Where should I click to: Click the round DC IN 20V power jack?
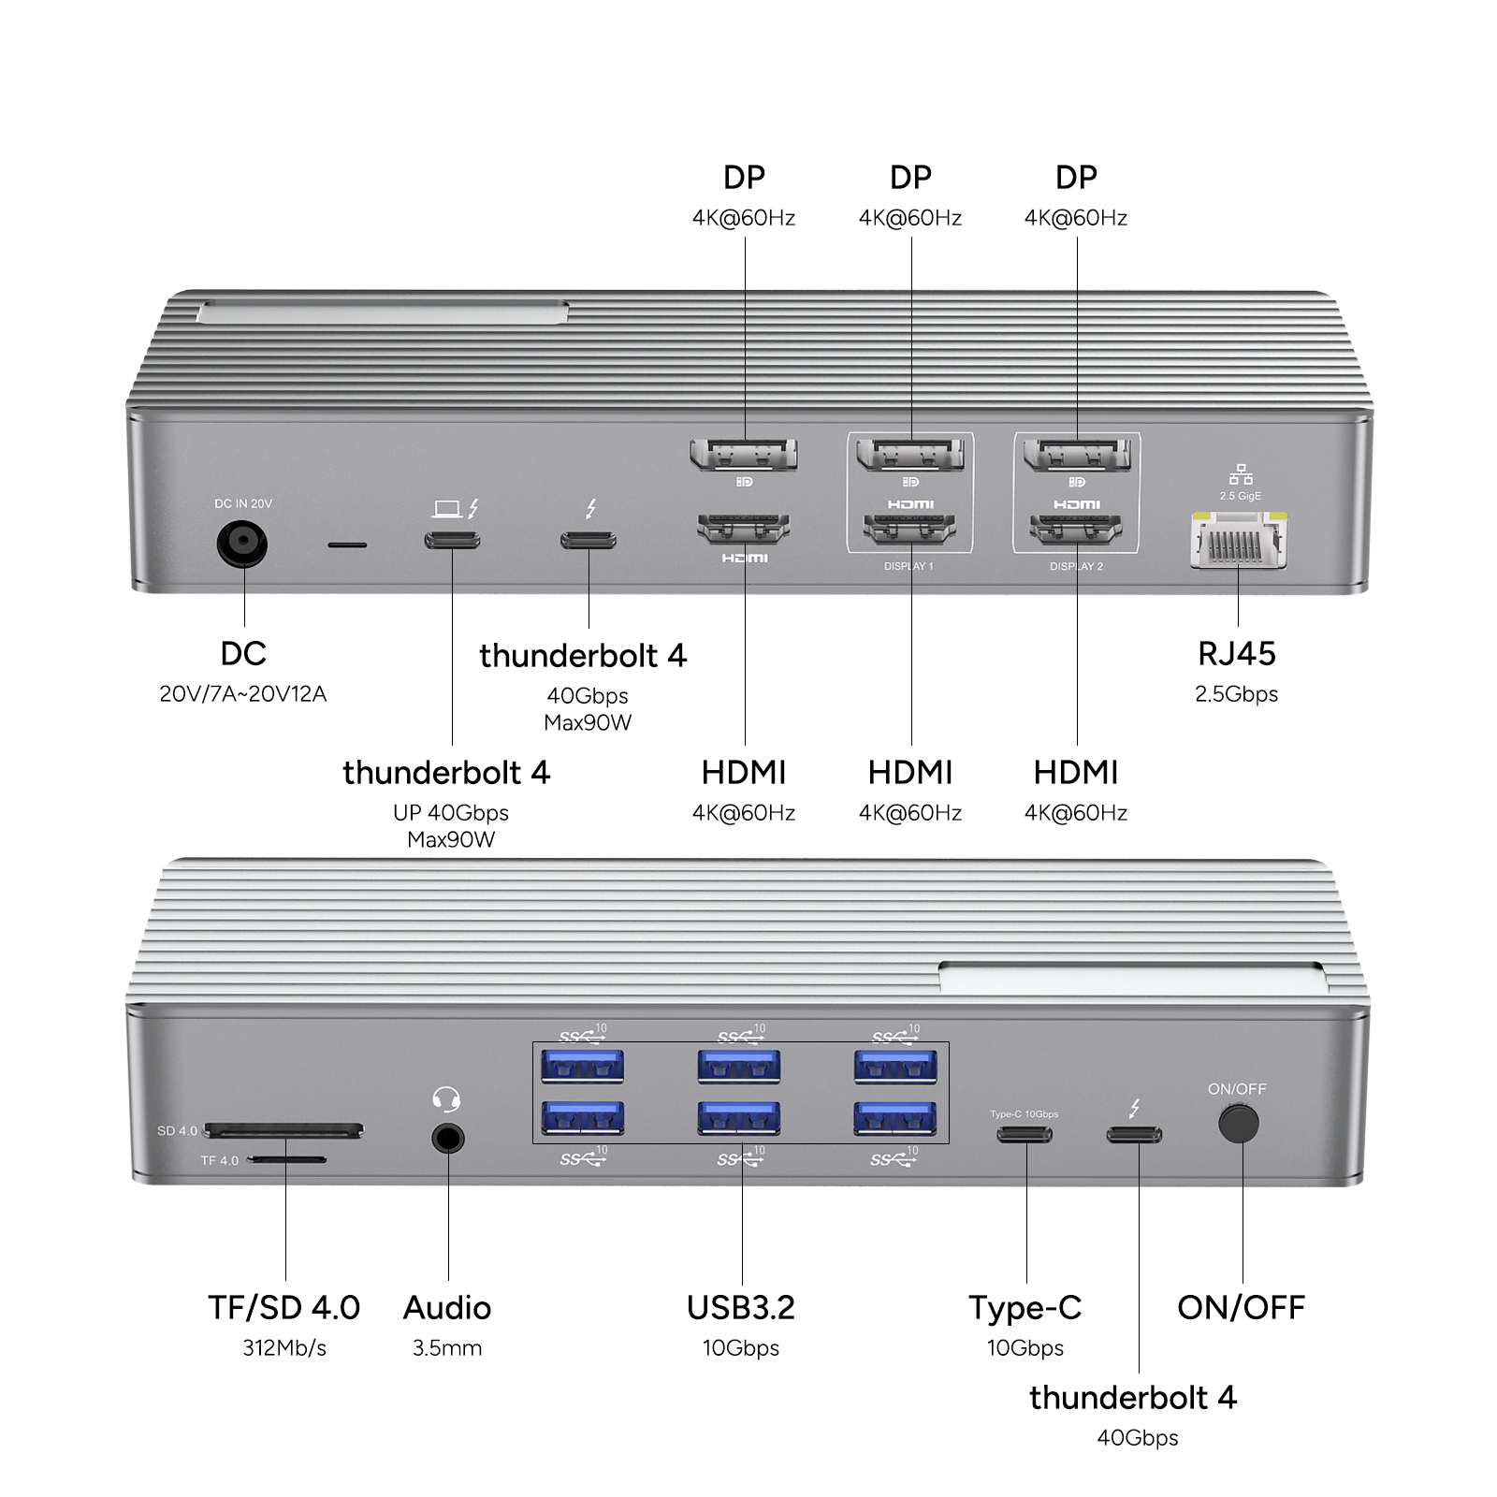click(242, 544)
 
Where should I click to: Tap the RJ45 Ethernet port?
click(1238, 543)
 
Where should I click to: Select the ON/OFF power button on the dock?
click(1238, 1123)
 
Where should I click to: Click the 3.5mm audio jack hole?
click(448, 1139)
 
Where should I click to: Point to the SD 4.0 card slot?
click(283, 1131)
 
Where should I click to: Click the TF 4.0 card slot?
click(288, 1159)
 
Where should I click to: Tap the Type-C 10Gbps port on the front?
click(1025, 1135)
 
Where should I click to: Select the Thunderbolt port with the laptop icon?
click(453, 540)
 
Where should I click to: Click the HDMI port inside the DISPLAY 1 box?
click(909, 530)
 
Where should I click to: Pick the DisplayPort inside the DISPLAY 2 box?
click(1077, 456)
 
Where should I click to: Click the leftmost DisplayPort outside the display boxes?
click(744, 456)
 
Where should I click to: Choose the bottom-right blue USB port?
click(895, 1118)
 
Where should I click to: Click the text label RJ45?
click(1236, 654)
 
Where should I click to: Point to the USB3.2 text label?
click(740, 1308)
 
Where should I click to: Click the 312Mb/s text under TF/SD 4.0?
click(284, 1348)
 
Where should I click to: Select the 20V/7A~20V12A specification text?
click(242, 694)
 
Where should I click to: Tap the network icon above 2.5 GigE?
click(1241, 474)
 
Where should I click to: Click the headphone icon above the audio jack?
click(447, 1098)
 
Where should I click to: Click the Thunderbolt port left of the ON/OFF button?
click(1134, 1135)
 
